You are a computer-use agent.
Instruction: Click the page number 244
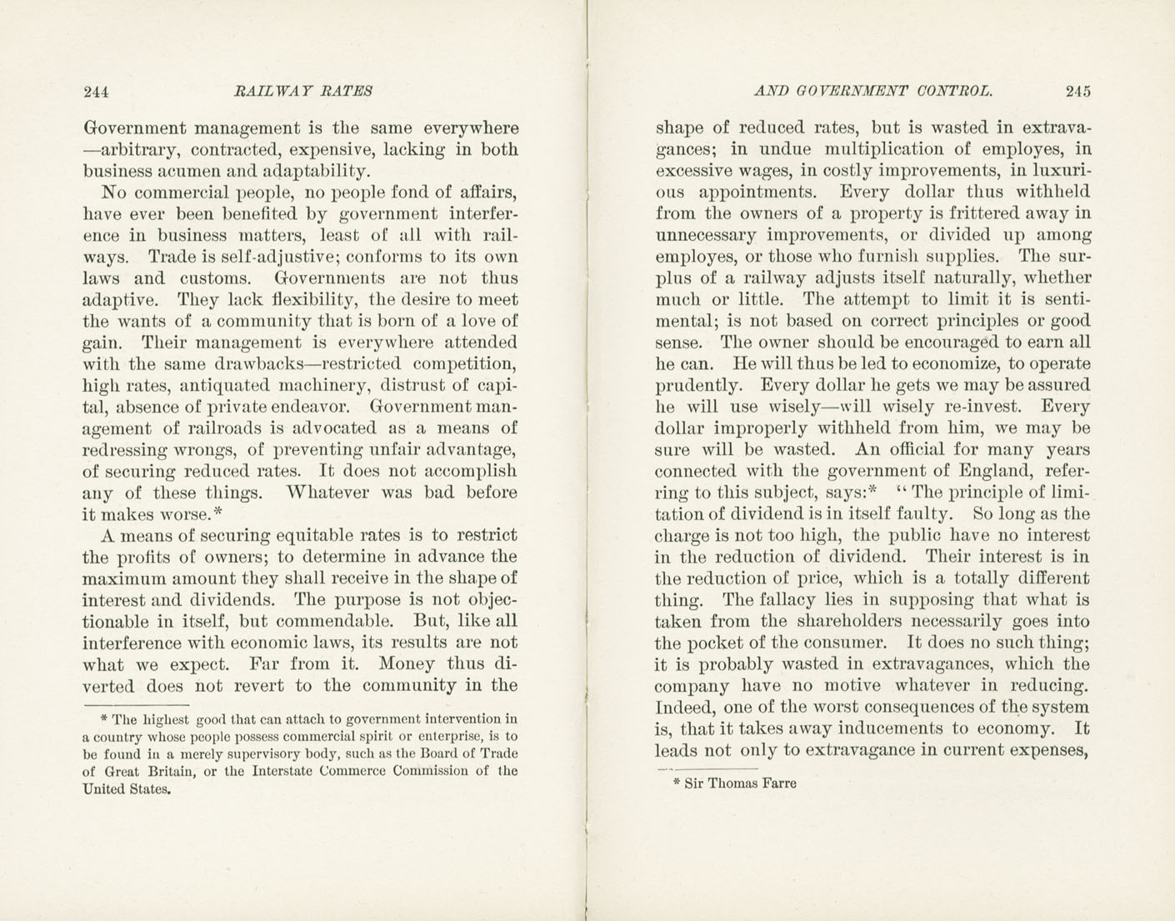coord(97,91)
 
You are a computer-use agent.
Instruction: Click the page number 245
coord(1077,91)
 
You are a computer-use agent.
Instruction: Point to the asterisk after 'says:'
coord(872,491)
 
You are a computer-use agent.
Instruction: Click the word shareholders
coord(848,621)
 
